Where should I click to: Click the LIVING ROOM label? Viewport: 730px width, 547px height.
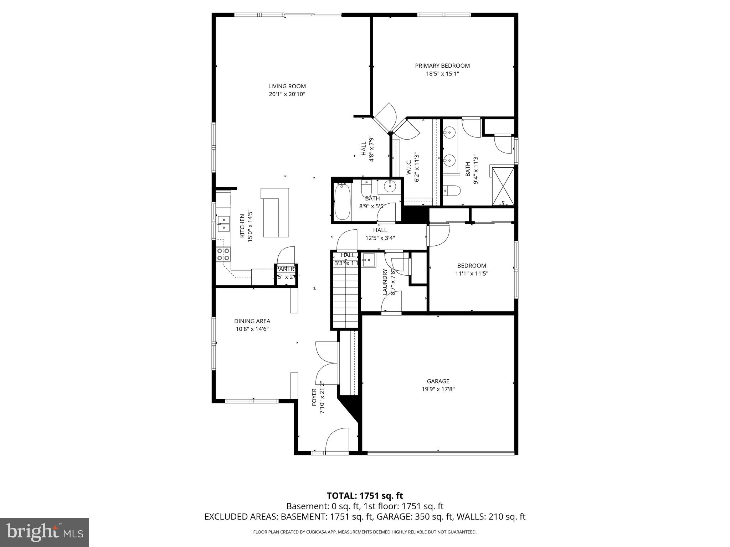pos(287,86)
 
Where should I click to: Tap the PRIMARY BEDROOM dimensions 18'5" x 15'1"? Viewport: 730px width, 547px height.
pos(442,74)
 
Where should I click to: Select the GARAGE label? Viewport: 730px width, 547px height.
pos(438,381)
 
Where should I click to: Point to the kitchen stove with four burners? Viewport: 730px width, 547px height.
pos(223,254)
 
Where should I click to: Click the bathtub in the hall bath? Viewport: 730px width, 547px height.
pos(343,202)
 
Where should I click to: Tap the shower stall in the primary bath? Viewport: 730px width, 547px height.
pos(503,187)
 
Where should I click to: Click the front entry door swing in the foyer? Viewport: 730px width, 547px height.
pos(336,440)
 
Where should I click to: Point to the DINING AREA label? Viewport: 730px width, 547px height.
pos(252,321)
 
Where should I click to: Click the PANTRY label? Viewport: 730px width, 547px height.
pos(286,269)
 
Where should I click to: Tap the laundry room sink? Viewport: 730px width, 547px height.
pos(369,260)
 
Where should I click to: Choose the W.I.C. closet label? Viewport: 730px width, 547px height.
pos(409,167)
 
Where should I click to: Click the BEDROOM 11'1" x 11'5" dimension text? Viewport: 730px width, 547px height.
pos(472,273)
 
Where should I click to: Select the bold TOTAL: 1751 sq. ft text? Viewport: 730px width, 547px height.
pos(365,496)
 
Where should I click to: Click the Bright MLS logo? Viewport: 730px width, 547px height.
pos(44,532)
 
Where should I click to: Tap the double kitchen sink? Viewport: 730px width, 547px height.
pos(224,223)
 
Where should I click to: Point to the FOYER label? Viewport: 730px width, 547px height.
pos(314,397)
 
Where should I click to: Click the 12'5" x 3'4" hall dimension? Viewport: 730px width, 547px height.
pos(380,238)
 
